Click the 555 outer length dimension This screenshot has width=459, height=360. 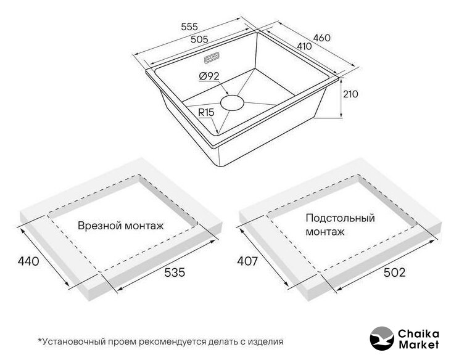[189, 27]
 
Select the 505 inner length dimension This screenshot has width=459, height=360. [199, 39]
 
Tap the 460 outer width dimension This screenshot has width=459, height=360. [321, 38]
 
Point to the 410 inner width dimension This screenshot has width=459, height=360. [304, 46]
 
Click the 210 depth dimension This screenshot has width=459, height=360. [350, 94]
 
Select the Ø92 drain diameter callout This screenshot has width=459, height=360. [209, 76]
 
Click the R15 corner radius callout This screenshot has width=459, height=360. [206, 112]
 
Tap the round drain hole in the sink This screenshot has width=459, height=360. [232, 102]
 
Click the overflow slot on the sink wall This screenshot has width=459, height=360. [212, 57]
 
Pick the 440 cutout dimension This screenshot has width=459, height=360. [28, 261]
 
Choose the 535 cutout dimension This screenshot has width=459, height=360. [175, 272]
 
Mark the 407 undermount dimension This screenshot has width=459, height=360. [247, 261]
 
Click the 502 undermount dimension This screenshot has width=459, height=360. [395, 272]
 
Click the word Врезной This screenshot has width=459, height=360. [100, 226]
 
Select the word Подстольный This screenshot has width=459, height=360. [340, 218]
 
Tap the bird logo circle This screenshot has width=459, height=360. [382, 338]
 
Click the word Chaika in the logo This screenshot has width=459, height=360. [419, 334]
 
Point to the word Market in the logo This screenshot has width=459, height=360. [419, 345]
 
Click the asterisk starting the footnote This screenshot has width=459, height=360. [40, 340]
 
